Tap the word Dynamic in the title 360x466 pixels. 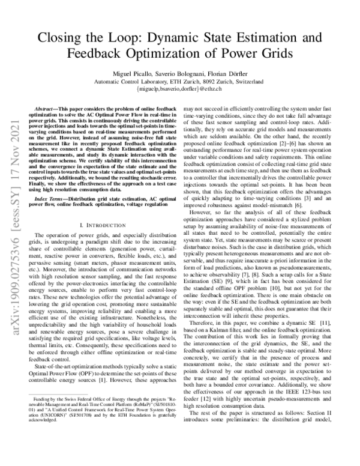pos(178,39)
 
